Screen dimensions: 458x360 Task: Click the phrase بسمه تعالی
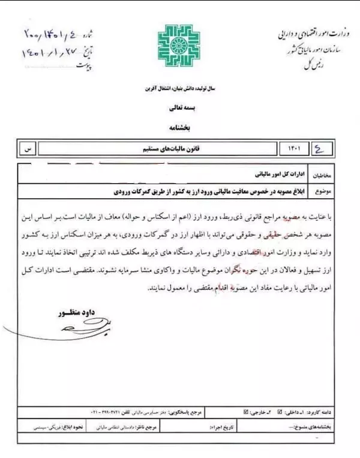coord(179,110)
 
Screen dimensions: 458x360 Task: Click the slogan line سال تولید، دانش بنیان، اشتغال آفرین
coord(179,89)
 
